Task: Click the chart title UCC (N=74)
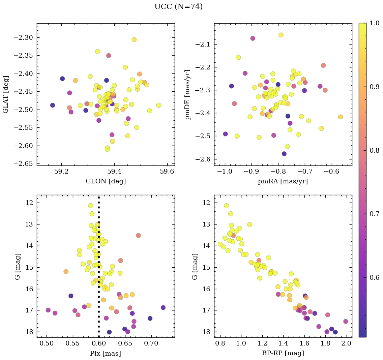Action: pyautogui.click(x=178, y=7)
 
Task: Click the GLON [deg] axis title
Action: pyautogui.click(x=106, y=181)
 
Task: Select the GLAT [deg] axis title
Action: pyautogui.click(x=6, y=94)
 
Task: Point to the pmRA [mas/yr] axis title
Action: pyautogui.click(x=283, y=181)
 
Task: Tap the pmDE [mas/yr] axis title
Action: pyautogui.click(x=187, y=94)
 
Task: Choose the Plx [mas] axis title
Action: pyautogui.click(x=106, y=354)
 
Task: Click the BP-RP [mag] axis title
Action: pyautogui.click(x=283, y=354)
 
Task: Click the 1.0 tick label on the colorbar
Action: pyautogui.click(x=375, y=23)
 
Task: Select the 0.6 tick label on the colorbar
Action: pyautogui.click(x=375, y=277)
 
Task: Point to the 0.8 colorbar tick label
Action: pyautogui.click(x=375, y=150)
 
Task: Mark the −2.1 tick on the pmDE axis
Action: pyautogui.click(x=203, y=44)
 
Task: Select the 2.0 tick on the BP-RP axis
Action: pyautogui.click(x=347, y=344)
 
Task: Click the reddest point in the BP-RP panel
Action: pyautogui.click(x=346, y=321)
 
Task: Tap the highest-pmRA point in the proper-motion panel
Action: pyautogui.click(x=340, y=117)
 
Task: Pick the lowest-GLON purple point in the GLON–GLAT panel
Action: pyautogui.click(x=53, y=105)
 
